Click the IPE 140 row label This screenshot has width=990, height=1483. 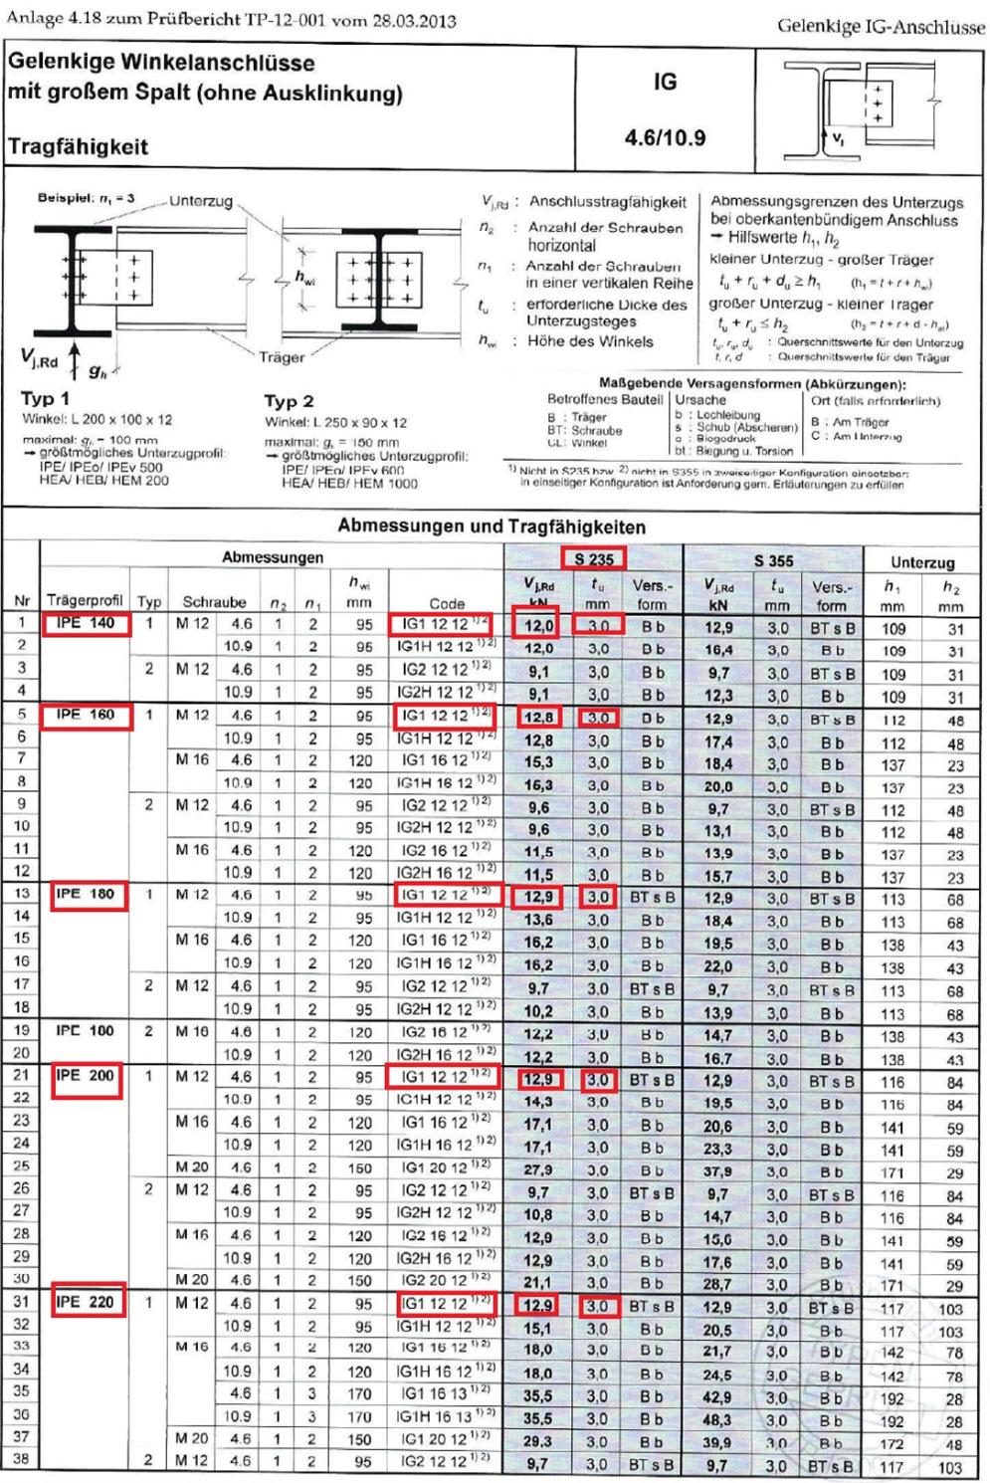click(86, 623)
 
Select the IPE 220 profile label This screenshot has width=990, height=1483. click(86, 1301)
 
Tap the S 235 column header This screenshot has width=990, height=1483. click(594, 558)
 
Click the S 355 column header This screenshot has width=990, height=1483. click(773, 560)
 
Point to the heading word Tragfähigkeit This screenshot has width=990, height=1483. click(79, 146)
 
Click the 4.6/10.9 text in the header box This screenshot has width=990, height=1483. click(665, 137)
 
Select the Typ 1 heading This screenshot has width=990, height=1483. click(45, 398)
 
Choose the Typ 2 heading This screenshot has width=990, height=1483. click(289, 400)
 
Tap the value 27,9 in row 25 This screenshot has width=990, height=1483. click(538, 1169)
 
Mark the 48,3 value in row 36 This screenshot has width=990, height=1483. click(717, 1419)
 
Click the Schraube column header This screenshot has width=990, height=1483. click(214, 601)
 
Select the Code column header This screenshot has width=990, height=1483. click(447, 603)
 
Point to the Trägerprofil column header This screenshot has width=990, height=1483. click(85, 600)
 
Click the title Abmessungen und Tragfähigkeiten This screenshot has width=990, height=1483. click(492, 526)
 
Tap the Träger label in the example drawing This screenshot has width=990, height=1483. click(282, 356)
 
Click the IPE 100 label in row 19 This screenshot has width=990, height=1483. click(85, 1030)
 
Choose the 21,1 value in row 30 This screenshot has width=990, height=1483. click(538, 1283)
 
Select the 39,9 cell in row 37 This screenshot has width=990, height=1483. click(717, 1441)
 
